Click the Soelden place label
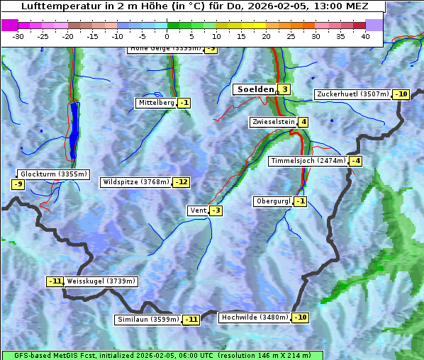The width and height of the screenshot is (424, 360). pyautogui.click(x=254, y=89)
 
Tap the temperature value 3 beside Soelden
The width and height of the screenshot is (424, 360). pyautogui.click(x=284, y=89)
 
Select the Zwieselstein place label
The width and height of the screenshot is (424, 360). pyautogui.click(x=273, y=122)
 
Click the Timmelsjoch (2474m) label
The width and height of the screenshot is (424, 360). pyautogui.click(x=308, y=161)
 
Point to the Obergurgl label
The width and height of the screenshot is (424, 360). pyautogui.click(x=273, y=201)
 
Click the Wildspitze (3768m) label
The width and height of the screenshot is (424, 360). pyautogui.click(x=136, y=182)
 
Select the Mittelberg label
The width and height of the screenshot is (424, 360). pyautogui.click(x=156, y=103)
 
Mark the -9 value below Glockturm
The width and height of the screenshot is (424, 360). pyautogui.click(x=18, y=184)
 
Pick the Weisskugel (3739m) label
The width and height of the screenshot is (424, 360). pyautogui.click(x=101, y=281)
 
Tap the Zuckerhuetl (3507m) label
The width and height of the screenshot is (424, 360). pyautogui.click(x=352, y=94)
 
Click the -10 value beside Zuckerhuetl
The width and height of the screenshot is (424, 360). pyautogui.click(x=401, y=94)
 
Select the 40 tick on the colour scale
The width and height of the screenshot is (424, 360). pyautogui.click(x=365, y=36)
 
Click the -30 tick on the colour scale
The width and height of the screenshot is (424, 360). pyautogui.click(x=18, y=36)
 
